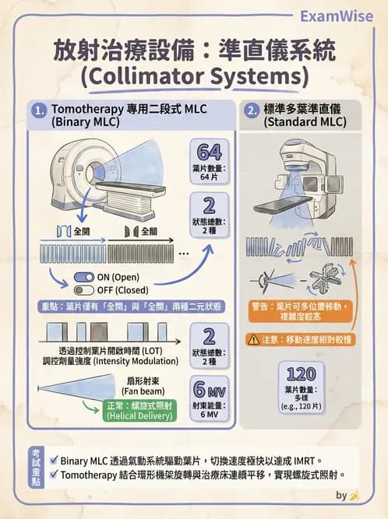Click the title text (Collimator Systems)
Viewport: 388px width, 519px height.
194,77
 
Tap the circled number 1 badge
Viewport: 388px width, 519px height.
39,111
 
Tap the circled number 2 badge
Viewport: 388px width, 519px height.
252,111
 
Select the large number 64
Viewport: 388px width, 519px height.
209,152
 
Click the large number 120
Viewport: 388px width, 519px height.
301,375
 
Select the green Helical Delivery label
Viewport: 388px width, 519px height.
138,409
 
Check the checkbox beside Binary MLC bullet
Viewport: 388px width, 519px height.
53,460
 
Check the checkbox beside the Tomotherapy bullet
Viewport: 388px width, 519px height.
53,474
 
